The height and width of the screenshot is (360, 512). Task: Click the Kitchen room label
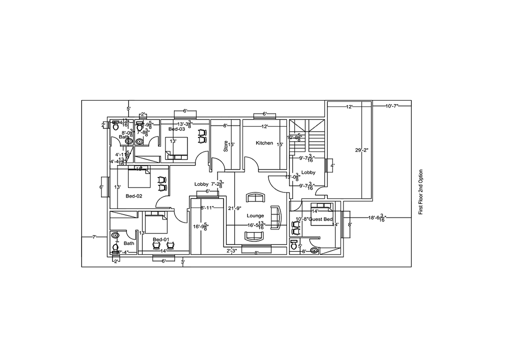[x=264, y=143]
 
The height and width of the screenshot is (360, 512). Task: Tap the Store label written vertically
[x=225, y=146]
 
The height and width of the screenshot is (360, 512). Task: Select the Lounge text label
[x=255, y=215]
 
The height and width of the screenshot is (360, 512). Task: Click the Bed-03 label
[x=176, y=129]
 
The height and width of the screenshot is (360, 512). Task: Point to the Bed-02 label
[x=134, y=196]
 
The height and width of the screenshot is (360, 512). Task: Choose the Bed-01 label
[x=160, y=239]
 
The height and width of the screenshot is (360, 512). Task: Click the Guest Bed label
[x=320, y=219]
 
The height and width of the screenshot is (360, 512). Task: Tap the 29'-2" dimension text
[x=361, y=150]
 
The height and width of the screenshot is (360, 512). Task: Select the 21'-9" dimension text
[x=234, y=208]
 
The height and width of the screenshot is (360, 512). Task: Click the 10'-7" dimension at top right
[x=393, y=106]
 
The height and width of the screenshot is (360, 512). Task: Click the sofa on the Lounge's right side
[x=275, y=217]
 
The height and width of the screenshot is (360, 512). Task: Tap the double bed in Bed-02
[x=139, y=177]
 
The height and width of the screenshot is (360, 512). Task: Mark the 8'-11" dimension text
[x=207, y=207]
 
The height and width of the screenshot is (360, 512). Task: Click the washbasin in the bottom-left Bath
[x=115, y=234]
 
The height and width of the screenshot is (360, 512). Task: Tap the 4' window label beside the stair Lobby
[x=332, y=165]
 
